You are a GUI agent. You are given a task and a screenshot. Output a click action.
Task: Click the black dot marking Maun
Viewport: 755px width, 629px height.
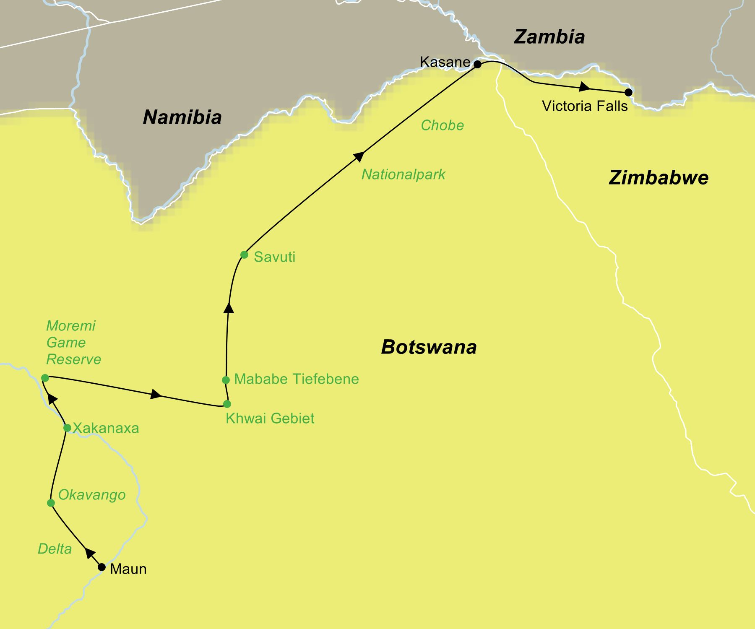[x=102, y=567]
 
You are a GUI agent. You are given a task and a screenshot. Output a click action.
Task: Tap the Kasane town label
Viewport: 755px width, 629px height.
[x=445, y=62]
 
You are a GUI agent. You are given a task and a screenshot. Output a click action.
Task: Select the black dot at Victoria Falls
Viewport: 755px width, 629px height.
[x=628, y=92]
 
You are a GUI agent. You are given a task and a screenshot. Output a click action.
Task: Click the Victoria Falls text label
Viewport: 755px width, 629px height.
[x=585, y=106]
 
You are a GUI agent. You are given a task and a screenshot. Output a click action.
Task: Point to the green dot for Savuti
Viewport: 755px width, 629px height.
[x=244, y=255]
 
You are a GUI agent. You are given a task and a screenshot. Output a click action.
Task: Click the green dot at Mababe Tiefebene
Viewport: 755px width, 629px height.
[x=226, y=380]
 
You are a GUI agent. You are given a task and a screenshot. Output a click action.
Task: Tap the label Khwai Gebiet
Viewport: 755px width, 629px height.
[x=270, y=418]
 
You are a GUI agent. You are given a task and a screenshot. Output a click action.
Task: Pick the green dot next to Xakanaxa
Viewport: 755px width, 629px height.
[x=67, y=428]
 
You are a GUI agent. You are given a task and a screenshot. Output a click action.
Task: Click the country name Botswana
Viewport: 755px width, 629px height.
[x=429, y=347]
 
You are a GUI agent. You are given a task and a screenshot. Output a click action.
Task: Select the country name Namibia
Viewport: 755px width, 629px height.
[x=182, y=117]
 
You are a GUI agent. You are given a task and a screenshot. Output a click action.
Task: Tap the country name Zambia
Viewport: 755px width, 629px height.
[x=549, y=37]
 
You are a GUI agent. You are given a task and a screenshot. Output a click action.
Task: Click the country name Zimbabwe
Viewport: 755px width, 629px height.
[x=658, y=178]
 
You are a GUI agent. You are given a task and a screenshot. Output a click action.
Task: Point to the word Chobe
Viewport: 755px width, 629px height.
[x=442, y=125]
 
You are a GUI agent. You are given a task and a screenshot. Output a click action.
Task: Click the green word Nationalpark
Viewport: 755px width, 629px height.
[x=403, y=174]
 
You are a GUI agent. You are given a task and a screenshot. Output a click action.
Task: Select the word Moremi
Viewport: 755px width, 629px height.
[x=70, y=326]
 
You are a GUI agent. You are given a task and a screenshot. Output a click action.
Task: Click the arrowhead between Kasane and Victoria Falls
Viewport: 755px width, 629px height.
[x=584, y=87]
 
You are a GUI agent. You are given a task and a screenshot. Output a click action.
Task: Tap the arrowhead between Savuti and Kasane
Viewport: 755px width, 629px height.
[x=359, y=156]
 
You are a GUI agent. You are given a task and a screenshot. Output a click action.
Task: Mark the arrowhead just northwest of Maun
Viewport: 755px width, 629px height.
[x=90, y=554]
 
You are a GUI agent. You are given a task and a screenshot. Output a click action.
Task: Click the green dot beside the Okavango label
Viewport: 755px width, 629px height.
[x=51, y=503]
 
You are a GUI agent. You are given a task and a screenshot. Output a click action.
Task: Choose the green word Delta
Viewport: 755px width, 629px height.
[x=55, y=549]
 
